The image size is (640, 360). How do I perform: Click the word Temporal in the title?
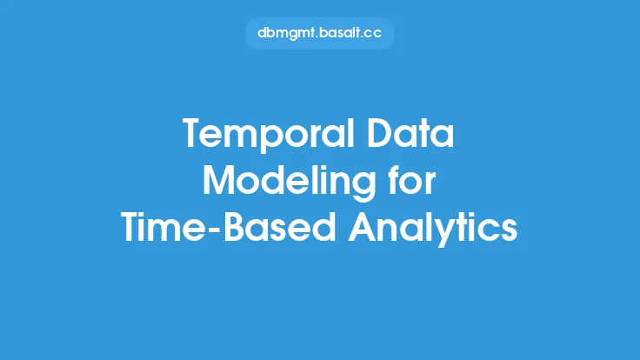269,135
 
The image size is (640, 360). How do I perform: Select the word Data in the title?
410,133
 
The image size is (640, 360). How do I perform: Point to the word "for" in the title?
412,180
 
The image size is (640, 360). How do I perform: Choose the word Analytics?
433,228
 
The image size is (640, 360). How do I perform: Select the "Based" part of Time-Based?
279,227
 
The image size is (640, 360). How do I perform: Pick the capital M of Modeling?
220,180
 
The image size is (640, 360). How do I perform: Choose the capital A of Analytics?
363,227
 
